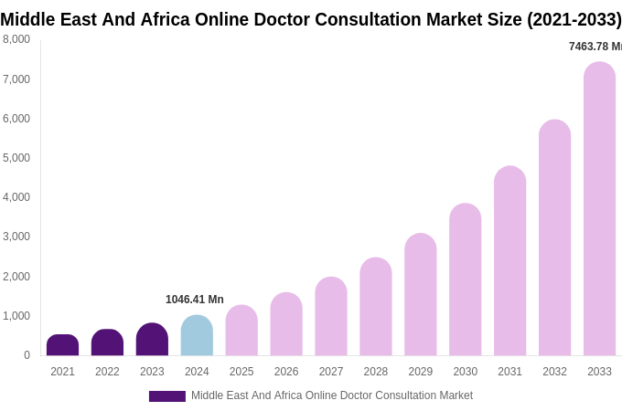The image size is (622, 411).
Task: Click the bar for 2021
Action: click(62, 345)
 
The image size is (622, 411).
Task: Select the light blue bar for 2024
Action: click(197, 335)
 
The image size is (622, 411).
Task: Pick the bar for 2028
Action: click(375, 306)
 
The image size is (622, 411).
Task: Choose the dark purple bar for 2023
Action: click(152, 339)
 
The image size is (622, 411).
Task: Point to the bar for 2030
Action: click(465, 279)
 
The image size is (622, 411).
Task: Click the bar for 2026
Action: click(286, 323)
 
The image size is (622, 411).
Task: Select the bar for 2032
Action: click(554, 237)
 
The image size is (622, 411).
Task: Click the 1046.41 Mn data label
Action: click(194, 300)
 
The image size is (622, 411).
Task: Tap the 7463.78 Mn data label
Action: click(595, 47)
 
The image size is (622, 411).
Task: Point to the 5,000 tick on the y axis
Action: click(16, 158)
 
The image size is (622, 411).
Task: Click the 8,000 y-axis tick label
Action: click(16, 39)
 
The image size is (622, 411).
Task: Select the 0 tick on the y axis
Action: click(27, 355)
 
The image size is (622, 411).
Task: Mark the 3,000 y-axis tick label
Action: click(16, 237)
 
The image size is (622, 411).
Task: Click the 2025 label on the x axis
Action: click(241, 372)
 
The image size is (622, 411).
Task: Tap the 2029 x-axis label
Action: click(420, 372)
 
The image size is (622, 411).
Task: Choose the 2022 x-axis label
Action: click(107, 372)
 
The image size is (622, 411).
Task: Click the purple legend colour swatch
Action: click(167, 396)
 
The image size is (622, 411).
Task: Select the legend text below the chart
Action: click(331, 395)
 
